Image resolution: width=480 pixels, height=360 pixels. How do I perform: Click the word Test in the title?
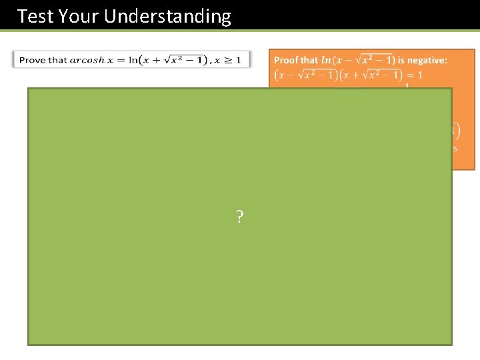35,16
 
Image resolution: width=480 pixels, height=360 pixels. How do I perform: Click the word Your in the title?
79,16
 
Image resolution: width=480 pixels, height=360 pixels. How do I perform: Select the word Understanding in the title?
168,16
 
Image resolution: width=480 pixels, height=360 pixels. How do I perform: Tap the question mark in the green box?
239,216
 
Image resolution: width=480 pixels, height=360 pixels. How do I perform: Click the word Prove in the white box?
33,60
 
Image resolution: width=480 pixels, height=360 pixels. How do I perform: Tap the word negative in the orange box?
427,60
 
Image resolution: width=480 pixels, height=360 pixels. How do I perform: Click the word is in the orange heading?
401,60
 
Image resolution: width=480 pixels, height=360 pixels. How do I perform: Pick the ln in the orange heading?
326,60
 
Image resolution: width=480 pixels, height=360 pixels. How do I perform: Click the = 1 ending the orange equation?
415,75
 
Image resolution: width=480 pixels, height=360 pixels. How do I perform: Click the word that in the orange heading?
309,60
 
